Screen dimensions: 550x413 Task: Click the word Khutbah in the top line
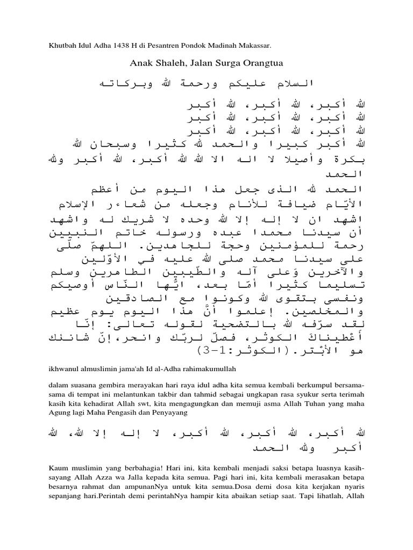[x=60, y=46]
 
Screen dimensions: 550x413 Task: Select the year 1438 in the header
[x=125, y=46]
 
